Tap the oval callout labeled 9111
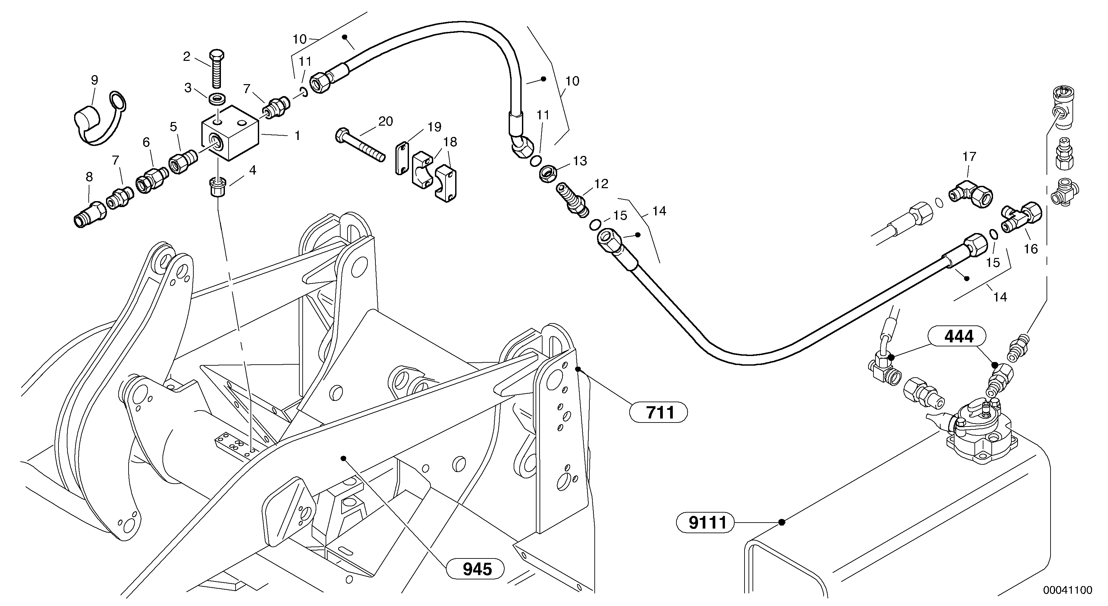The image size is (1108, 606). [705, 523]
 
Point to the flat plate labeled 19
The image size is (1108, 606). [402, 158]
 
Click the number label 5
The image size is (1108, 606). [173, 127]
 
